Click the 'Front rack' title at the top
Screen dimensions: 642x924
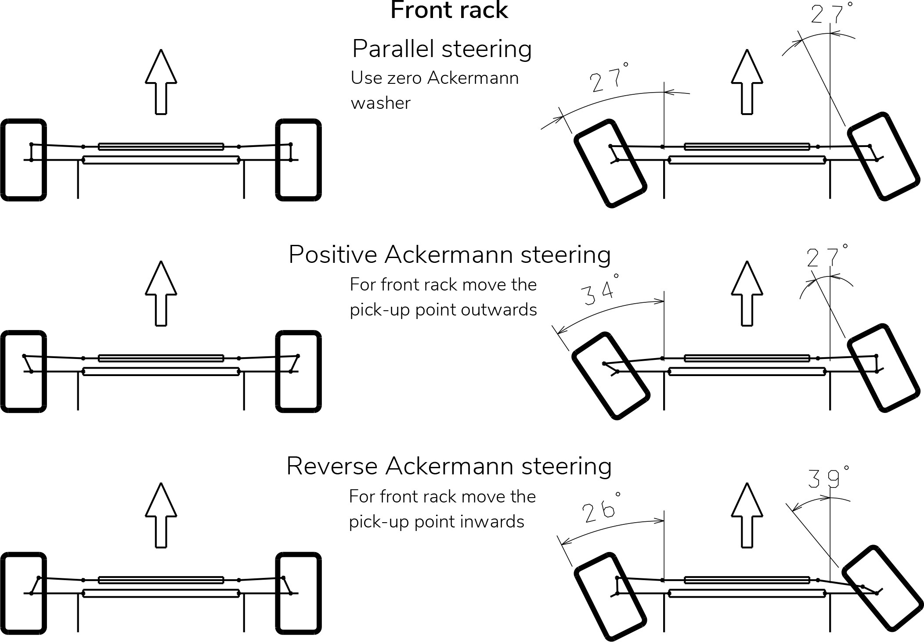click(x=449, y=11)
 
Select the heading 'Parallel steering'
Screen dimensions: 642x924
click(x=442, y=49)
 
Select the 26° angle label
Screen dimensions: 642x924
click(x=601, y=509)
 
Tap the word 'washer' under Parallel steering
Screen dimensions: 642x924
click(x=380, y=103)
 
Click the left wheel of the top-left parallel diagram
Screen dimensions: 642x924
click(x=24, y=160)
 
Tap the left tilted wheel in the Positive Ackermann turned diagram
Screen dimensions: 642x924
click(x=610, y=375)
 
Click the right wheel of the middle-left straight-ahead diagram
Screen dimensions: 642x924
click(x=299, y=371)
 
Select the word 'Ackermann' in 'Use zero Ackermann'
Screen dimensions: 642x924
click(x=473, y=78)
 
